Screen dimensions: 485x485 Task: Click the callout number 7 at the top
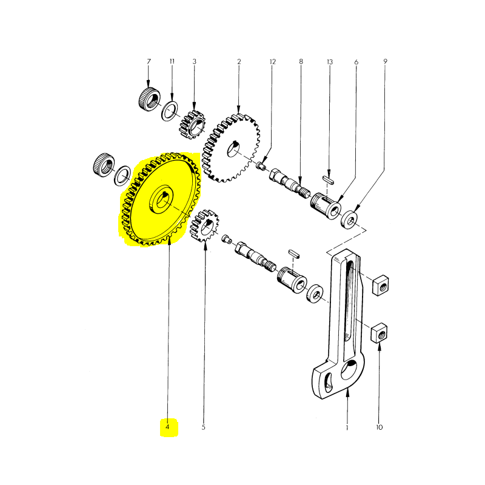point(148,62)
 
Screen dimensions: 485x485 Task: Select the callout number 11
point(172,62)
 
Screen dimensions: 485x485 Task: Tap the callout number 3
point(195,62)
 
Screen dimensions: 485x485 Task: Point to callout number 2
point(239,62)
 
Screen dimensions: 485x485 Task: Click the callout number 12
point(273,62)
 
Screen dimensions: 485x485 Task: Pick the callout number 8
point(301,62)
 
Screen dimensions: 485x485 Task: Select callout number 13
point(330,62)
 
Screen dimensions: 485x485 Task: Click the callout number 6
point(356,62)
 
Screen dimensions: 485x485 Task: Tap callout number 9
point(385,62)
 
